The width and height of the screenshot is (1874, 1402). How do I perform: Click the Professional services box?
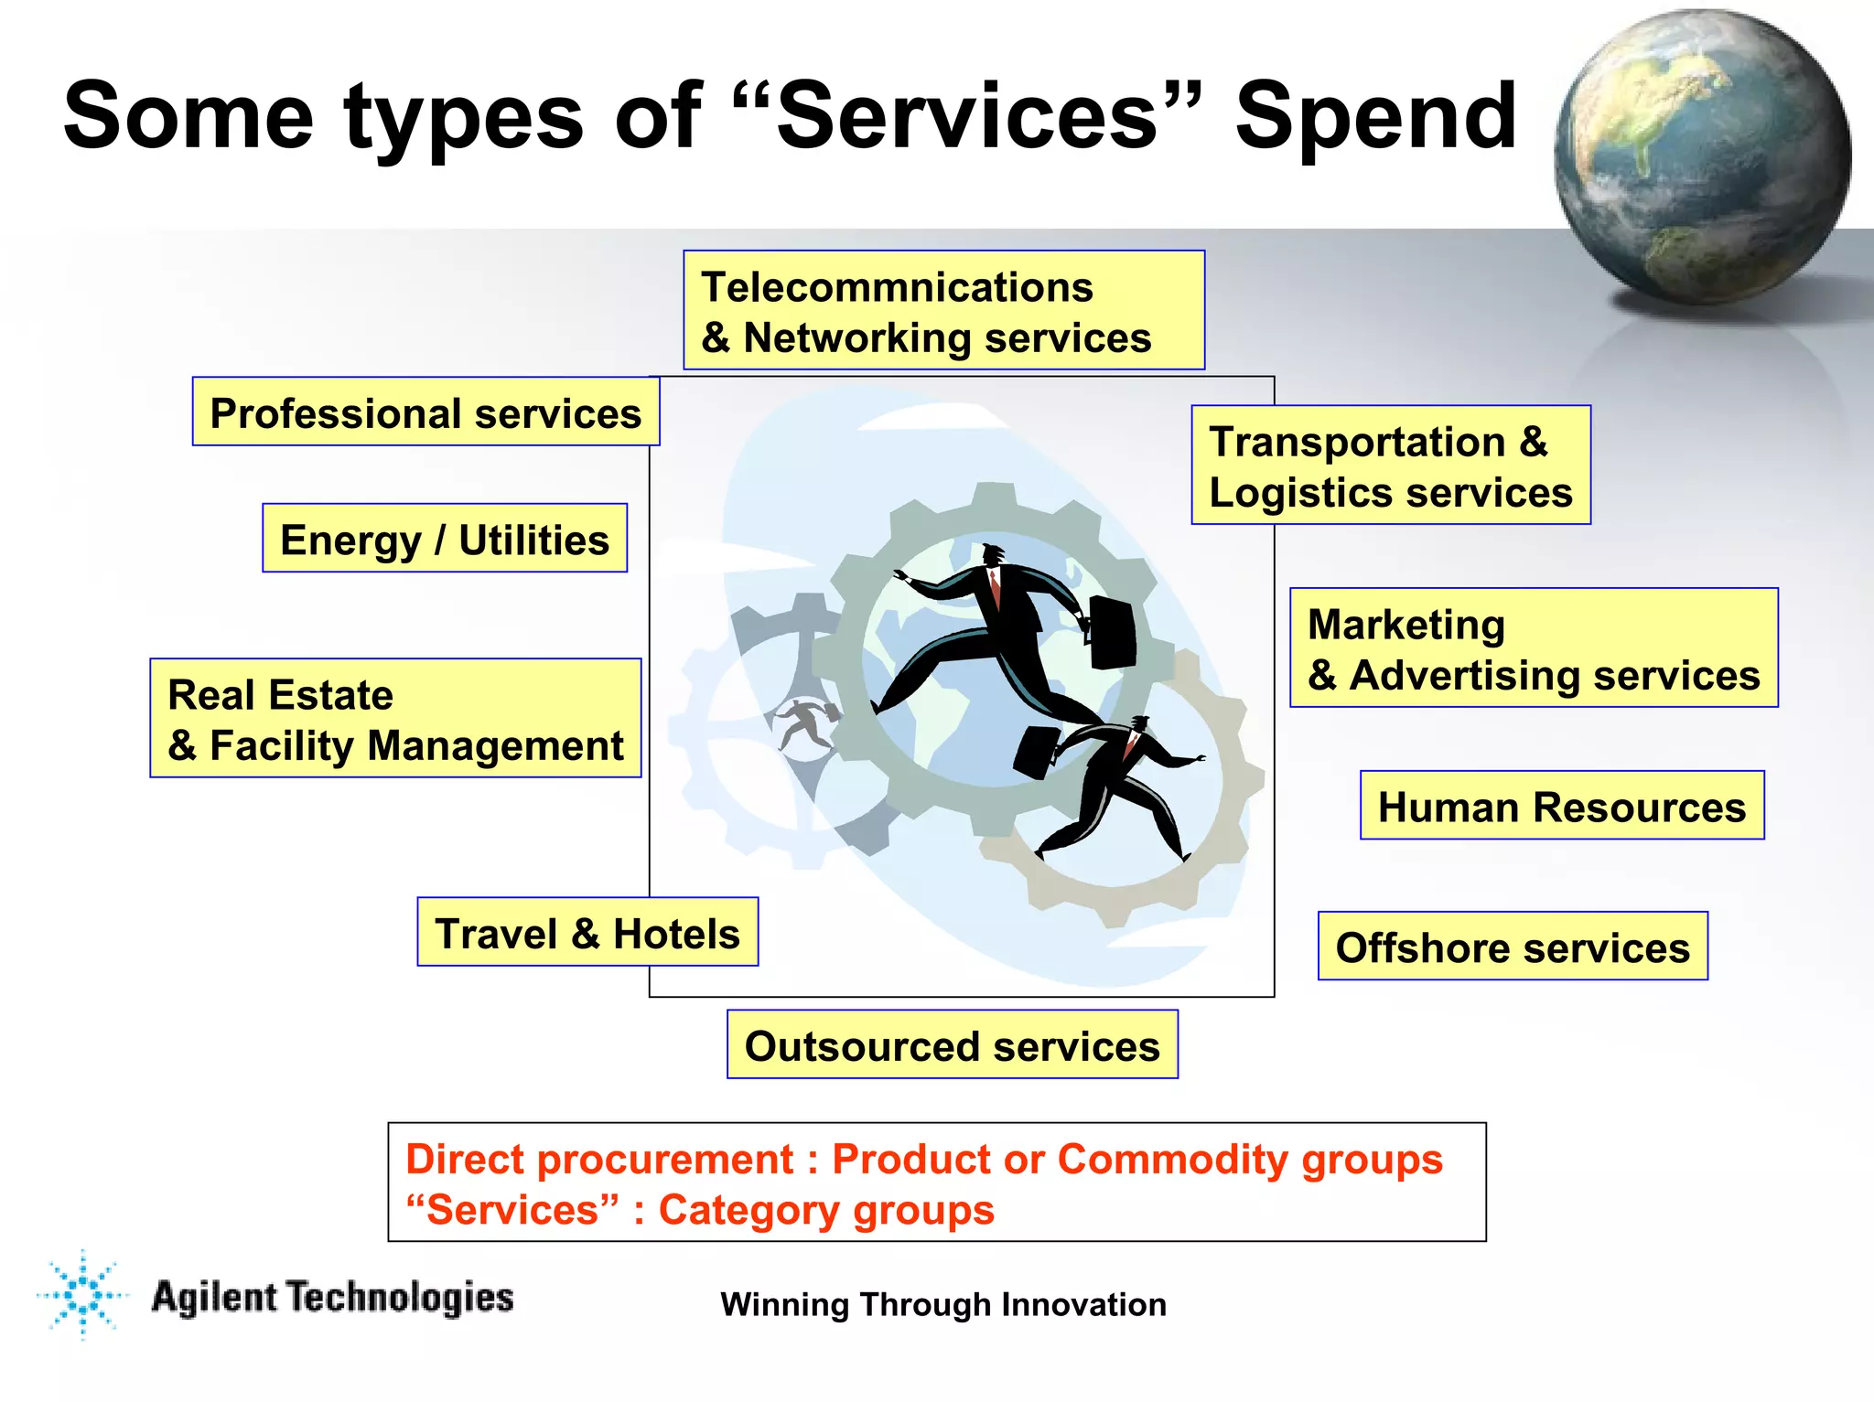coord(425,412)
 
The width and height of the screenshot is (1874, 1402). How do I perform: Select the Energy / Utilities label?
coord(445,539)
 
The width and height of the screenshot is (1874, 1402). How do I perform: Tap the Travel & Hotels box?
coord(587,933)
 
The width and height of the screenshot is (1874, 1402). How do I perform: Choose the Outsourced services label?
coord(952,1045)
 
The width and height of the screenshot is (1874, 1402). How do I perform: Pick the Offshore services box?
coord(1512,947)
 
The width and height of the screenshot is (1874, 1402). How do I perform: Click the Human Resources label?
coord(1561,807)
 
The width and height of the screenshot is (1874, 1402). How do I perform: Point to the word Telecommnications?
coord(897,287)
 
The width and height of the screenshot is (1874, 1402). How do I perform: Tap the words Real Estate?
coord(280,695)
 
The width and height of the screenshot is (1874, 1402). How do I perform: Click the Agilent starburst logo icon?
coord(83,1295)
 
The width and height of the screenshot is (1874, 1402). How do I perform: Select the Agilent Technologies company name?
coord(332,1298)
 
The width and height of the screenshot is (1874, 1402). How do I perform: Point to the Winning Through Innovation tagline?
coord(942,1304)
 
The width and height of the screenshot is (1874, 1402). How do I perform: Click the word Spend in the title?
coord(1375,116)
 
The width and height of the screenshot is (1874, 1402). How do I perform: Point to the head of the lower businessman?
coord(1138,724)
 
